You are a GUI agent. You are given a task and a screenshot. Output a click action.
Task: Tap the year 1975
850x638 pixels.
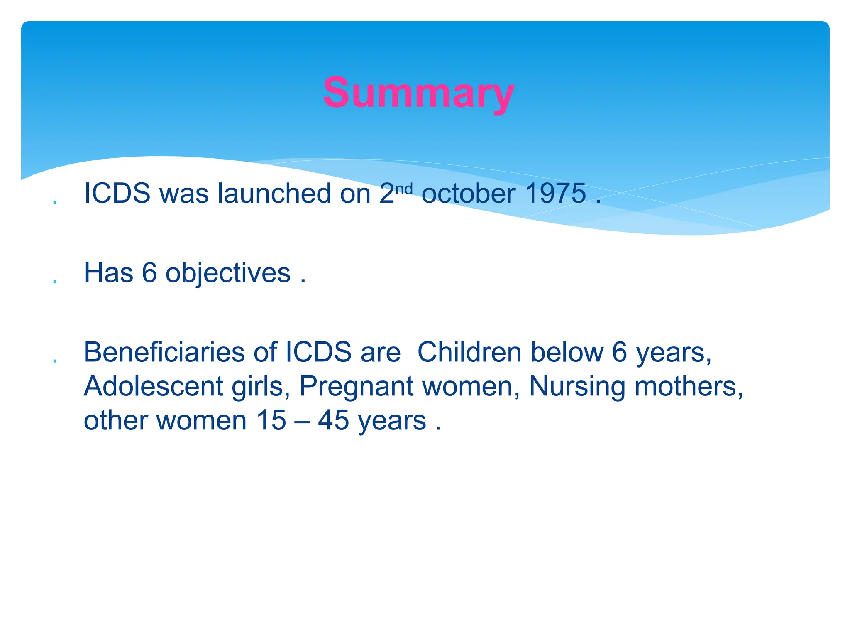click(x=555, y=194)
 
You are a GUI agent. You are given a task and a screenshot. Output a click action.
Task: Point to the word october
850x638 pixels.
click(x=469, y=194)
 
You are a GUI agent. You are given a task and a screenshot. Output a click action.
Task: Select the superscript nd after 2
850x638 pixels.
click(x=404, y=189)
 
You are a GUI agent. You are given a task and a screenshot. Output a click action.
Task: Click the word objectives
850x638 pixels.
click(x=228, y=274)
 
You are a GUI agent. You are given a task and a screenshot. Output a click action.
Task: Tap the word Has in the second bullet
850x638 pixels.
click(x=109, y=273)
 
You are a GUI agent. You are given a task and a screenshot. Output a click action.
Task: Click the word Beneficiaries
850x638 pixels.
click(x=164, y=352)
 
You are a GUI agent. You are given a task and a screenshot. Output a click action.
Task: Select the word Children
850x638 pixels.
click(x=469, y=352)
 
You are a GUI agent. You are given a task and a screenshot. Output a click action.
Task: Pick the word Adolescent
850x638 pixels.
click(x=154, y=386)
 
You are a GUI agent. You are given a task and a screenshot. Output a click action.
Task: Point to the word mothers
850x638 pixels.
click(x=689, y=386)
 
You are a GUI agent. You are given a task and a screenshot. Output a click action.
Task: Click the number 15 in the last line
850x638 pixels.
click(x=271, y=420)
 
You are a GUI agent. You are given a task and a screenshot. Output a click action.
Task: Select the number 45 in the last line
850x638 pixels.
click(x=333, y=420)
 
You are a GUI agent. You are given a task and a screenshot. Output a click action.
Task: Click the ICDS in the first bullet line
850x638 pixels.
click(x=117, y=194)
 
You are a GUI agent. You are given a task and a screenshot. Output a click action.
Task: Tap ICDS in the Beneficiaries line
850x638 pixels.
click(x=318, y=352)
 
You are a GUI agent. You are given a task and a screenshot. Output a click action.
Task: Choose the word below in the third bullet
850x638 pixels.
click(x=567, y=352)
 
